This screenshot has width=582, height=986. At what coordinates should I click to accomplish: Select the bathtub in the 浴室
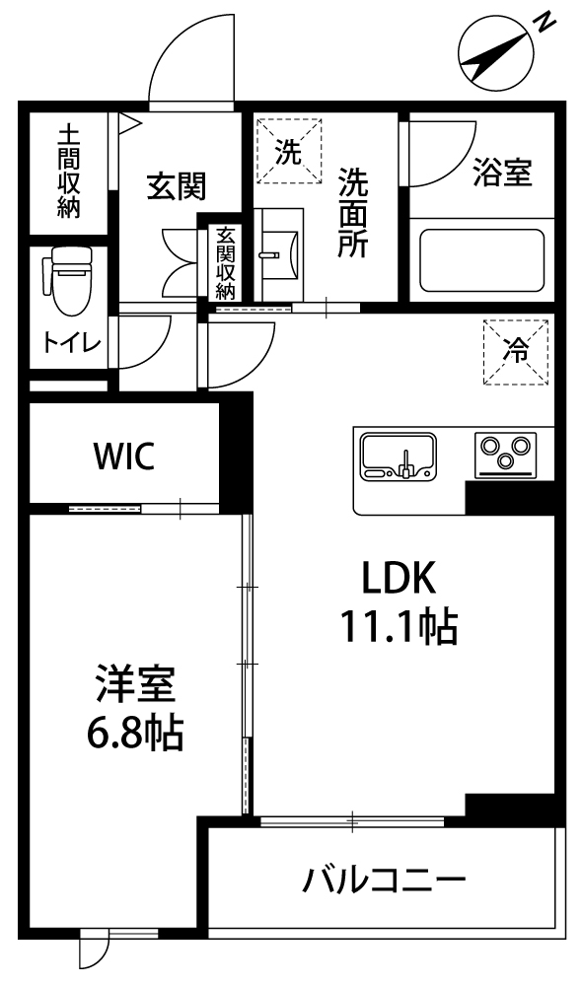[x=481, y=259]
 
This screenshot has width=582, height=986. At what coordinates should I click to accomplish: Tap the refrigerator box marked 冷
[x=516, y=352]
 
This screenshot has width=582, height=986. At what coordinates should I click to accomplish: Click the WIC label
[x=124, y=456]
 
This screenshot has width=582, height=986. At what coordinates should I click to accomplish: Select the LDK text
[x=399, y=578]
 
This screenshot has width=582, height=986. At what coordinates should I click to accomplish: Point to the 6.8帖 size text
[x=134, y=733]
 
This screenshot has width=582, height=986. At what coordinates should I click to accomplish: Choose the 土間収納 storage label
[x=69, y=171]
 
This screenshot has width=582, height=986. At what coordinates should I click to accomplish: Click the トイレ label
[x=72, y=343]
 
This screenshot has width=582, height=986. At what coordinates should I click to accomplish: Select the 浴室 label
[x=503, y=173]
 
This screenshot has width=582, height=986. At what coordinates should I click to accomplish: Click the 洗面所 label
[x=353, y=212]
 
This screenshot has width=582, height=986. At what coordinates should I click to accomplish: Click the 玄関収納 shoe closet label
[x=225, y=263]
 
